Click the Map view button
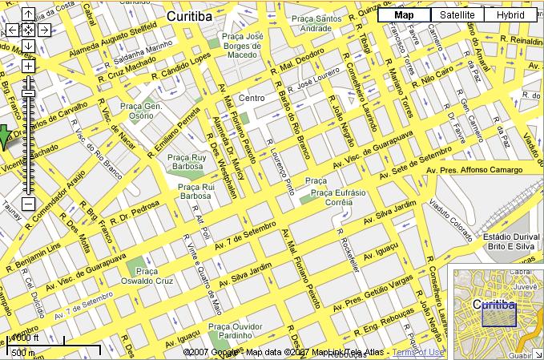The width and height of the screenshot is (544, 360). coord(404,14)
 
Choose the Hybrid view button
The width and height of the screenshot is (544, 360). coord(510,14)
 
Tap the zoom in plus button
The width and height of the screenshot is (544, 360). coord(28,66)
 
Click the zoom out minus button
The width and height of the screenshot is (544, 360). coord(28,204)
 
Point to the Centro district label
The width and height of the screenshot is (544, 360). coord(252,98)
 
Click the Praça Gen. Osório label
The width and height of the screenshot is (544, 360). coord(142,111)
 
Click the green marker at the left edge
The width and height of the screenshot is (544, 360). coord(3,138)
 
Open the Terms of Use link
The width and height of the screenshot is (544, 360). coord(417,352)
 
